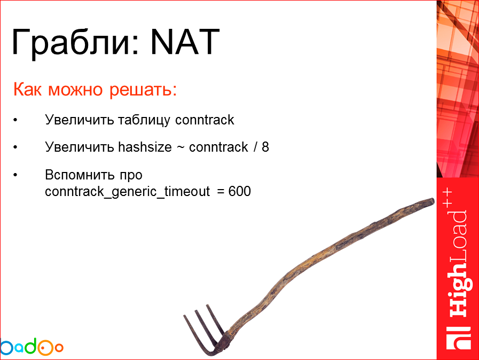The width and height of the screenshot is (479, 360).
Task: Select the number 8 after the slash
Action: click(x=265, y=147)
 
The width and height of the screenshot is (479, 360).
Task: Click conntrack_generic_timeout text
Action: click(x=128, y=191)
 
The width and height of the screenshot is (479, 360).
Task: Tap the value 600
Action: click(x=239, y=191)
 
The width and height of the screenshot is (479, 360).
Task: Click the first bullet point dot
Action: click(x=16, y=120)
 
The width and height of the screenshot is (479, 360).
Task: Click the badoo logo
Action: click(x=32, y=347)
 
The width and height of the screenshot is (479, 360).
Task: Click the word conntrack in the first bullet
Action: click(x=205, y=120)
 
